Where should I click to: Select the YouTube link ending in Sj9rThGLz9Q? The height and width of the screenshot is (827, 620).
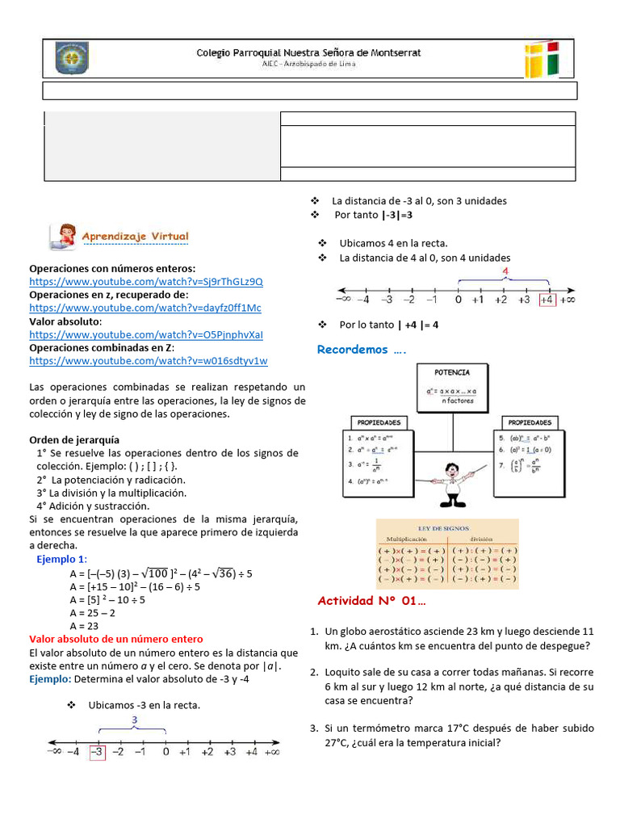146,282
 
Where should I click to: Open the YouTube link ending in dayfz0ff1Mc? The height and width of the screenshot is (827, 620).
145,308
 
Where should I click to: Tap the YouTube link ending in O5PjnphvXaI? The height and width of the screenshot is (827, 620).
146,334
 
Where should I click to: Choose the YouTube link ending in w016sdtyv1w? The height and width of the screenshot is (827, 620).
149,360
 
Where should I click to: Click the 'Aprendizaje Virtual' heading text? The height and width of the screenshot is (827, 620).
135,237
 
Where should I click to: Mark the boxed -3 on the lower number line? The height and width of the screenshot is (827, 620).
97,751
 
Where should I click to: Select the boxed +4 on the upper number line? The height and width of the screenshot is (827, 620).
547,299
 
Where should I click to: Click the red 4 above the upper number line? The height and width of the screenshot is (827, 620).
505,271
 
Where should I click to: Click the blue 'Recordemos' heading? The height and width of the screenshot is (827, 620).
361,350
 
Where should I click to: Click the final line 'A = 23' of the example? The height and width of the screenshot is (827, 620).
86,625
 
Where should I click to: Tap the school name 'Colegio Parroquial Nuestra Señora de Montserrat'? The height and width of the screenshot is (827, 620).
308,52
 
